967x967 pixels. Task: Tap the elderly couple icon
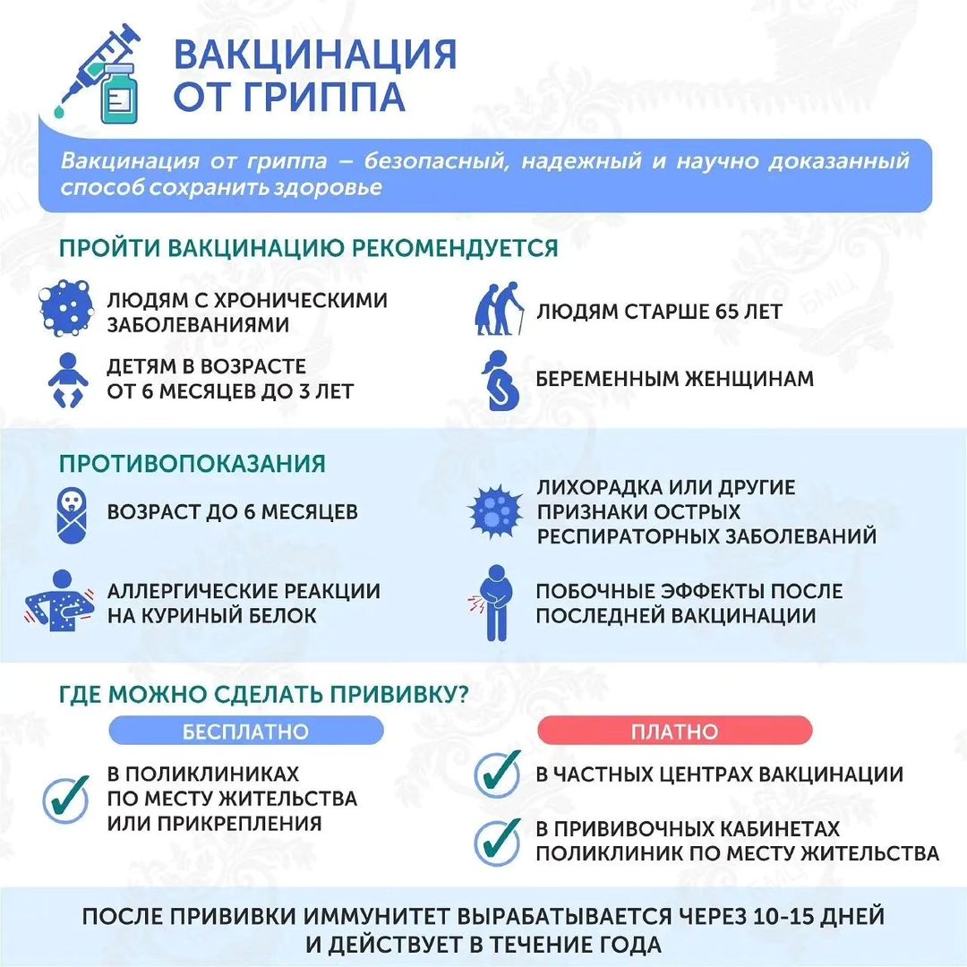click(498, 310)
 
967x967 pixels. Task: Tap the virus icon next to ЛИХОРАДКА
click(494, 513)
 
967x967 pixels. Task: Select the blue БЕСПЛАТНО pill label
click(245, 731)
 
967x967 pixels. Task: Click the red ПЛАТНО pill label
click(674, 731)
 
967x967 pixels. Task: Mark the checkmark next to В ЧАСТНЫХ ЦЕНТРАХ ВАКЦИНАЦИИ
click(498, 773)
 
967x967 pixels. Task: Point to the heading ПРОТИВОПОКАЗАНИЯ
click(192, 464)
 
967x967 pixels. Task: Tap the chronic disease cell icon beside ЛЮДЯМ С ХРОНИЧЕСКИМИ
click(66, 310)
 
